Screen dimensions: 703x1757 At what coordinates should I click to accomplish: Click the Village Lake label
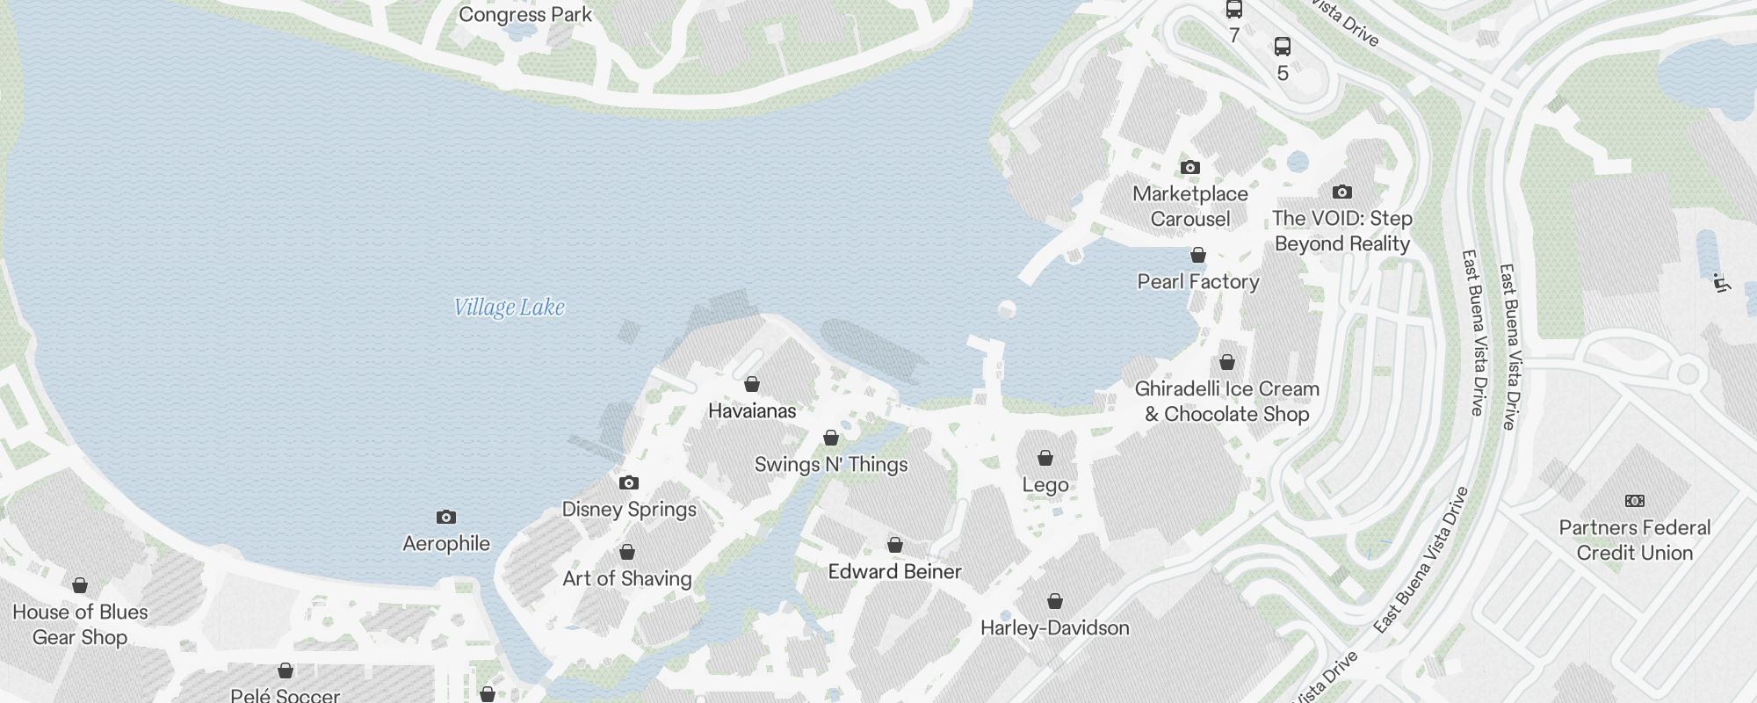509,307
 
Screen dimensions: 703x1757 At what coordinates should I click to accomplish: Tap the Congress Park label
525,15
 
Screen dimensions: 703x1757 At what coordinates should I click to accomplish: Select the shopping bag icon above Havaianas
752,384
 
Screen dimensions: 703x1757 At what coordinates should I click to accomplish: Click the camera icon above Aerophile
446,517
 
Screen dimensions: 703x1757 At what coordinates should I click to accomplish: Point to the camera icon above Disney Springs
629,482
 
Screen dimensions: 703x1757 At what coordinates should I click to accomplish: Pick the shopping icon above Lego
1045,458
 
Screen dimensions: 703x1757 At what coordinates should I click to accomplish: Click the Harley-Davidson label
1054,627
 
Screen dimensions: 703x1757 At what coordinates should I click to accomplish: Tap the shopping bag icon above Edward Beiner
895,545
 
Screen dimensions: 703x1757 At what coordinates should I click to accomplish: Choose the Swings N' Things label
831,464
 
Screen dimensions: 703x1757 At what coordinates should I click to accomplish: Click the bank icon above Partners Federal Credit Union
1635,501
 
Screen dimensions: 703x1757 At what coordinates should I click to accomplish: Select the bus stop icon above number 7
1234,10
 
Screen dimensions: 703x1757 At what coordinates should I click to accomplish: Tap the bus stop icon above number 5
1283,47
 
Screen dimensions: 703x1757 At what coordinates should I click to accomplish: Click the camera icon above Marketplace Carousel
1190,167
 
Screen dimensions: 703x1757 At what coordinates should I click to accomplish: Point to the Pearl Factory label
1198,281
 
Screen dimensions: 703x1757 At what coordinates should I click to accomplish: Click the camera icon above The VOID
1342,192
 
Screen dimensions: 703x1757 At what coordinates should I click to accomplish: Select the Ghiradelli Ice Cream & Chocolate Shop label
1227,401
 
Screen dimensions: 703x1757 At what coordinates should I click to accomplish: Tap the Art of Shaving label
627,578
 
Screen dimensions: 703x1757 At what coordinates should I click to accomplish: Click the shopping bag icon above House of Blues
80,585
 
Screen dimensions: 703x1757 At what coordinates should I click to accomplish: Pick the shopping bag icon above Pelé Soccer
286,670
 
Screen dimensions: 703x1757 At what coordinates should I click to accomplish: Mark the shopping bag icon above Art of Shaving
627,552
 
